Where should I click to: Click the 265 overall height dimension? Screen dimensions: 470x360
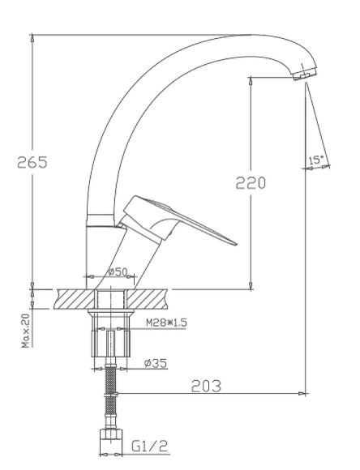click(x=32, y=161)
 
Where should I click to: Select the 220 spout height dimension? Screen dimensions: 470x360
click(x=251, y=182)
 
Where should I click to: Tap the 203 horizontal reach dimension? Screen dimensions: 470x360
click(x=206, y=386)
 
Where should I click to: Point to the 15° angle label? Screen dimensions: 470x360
click(x=316, y=160)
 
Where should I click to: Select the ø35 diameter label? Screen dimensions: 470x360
click(x=156, y=363)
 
